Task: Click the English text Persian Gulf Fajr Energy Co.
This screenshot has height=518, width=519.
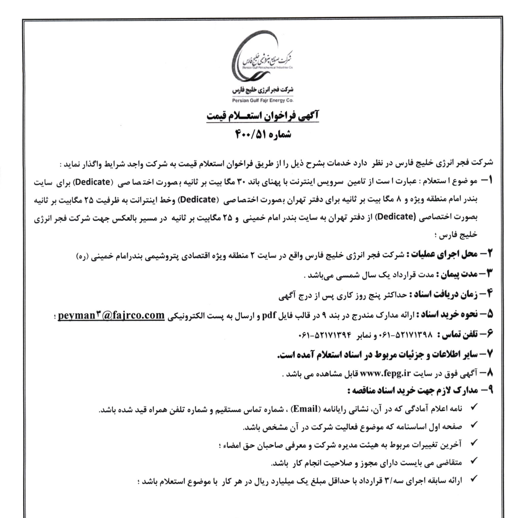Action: coord(262,101)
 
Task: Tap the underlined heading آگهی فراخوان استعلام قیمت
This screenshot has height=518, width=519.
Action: coord(262,116)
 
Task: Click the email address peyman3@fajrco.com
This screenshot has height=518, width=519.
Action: coord(111,315)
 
